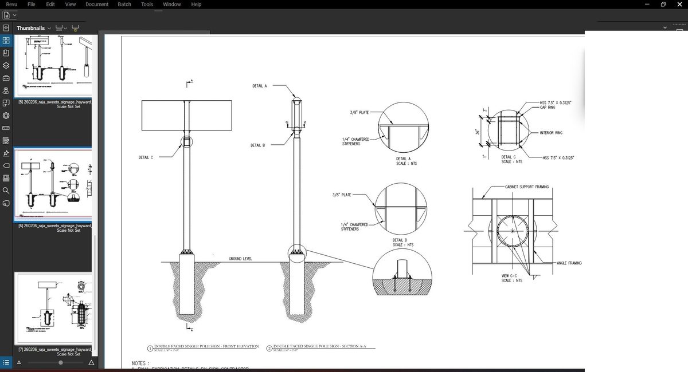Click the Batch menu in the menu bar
[x=124, y=4]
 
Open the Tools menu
[x=147, y=4]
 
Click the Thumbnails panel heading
[x=30, y=28]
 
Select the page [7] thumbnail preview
[x=53, y=309]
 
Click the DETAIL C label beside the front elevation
[x=146, y=157]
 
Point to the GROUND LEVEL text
[x=240, y=259]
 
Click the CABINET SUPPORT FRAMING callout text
[x=526, y=187]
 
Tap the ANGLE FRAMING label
[x=569, y=263]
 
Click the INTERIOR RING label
[x=551, y=133]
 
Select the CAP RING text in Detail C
[x=548, y=107]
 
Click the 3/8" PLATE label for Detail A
[x=359, y=113]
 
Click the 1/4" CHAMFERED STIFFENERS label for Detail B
[x=354, y=227]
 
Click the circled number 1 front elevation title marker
[x=150, y=348]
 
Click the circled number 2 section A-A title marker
[x=269, y=348]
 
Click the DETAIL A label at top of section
[x=259, y=86]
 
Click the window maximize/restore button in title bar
[x=663, y=4]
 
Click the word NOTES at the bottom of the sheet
[x=140, y=363]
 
